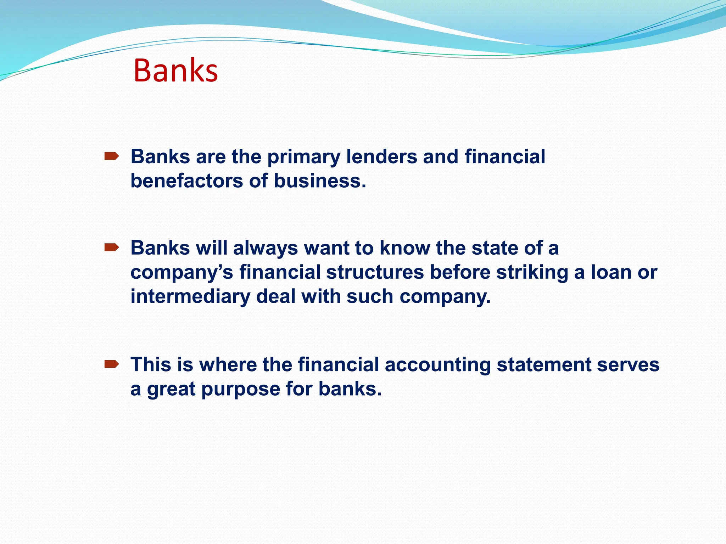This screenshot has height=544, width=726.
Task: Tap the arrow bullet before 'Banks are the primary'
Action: click(111, 156)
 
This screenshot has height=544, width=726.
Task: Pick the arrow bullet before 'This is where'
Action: click(111, 364)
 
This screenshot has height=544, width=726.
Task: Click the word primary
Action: click(304, 157)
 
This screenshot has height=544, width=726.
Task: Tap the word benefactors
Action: click(186, 181)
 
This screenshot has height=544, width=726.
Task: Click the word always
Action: click(265, 248)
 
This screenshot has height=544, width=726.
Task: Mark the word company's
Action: click(181, 273)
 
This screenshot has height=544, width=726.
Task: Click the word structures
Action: click(375, 272)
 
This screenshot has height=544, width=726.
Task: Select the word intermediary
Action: click(190, 296)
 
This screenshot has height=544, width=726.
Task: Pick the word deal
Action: click(275, 296)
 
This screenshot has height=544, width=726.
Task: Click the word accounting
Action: click(437, 365)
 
